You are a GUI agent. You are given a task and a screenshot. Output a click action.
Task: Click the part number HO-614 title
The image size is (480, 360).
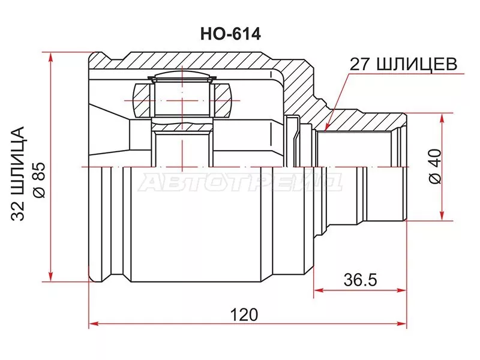(230, 34)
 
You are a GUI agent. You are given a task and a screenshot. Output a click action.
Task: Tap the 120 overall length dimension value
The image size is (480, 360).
(244, 314)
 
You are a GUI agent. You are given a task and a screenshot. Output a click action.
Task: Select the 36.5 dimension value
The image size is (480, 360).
(360, 280)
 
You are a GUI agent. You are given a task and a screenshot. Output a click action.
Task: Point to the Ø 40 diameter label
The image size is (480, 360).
(435, 166)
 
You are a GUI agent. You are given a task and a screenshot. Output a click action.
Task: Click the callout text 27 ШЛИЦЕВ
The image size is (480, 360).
(403, 64)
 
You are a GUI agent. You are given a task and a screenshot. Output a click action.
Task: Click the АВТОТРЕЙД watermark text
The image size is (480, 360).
(241, 183)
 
